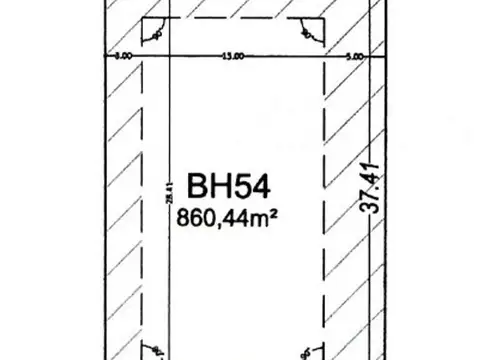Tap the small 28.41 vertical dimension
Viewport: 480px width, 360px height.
pos(147,193)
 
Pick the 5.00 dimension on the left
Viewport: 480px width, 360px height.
pos(122,56)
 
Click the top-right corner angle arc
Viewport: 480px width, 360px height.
pos(308,33)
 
